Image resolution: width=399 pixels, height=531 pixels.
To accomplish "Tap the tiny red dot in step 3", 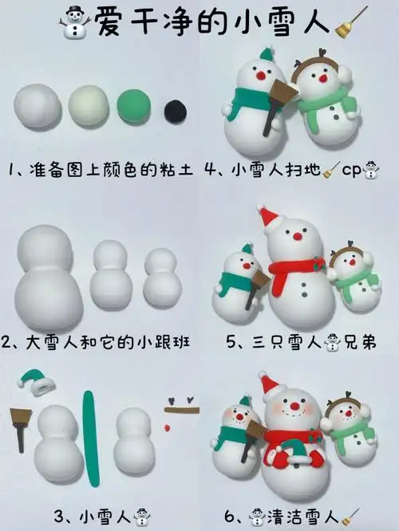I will point(166,428).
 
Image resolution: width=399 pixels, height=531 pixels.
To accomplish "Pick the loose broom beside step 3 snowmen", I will point(21,426).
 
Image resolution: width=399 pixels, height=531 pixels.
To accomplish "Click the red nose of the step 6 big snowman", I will point(294,407).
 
